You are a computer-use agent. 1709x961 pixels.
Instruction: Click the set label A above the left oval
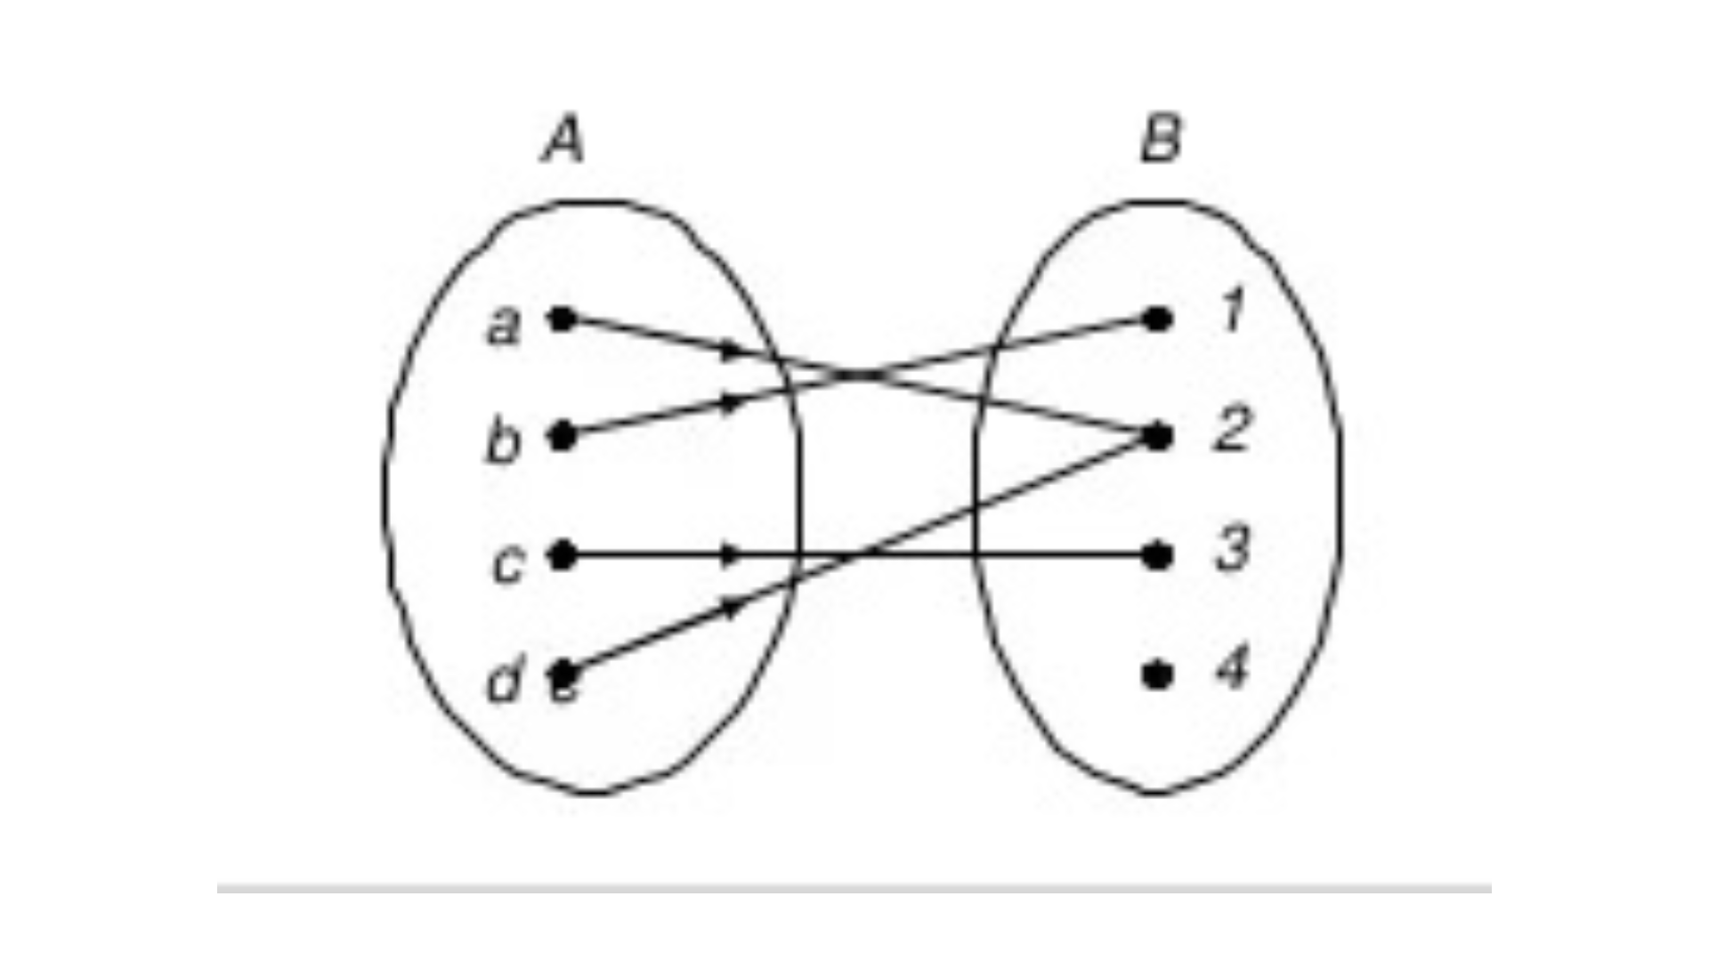[x=563, y=141]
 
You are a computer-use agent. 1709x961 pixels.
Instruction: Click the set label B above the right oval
[x=1161, y=140]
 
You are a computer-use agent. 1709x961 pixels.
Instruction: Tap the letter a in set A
[x=503, y=326]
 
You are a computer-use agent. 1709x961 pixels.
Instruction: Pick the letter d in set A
[x=505, y=681]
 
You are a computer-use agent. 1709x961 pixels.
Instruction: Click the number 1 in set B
[x=1232, y=311]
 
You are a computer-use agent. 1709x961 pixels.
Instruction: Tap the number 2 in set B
[x=1231, y=430]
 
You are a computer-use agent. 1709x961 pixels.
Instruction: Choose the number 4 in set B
[x=1233, y=666]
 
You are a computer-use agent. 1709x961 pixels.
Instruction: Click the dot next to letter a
[x=562, y=319]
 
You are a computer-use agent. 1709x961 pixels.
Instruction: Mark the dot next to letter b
[x=562, y=436]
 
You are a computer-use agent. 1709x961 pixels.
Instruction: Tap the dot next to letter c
[x=562, y=556]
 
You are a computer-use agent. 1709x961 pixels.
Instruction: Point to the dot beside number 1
[x=1156, y=319]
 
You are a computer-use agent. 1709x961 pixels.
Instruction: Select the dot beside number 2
[x=1156, y=437]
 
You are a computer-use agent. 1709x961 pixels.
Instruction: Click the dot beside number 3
[x=1156, y=556]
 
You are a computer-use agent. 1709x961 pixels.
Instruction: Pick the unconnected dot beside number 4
[x=1156, y=675]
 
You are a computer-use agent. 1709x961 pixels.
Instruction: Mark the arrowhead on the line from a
[x=731, y=351]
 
